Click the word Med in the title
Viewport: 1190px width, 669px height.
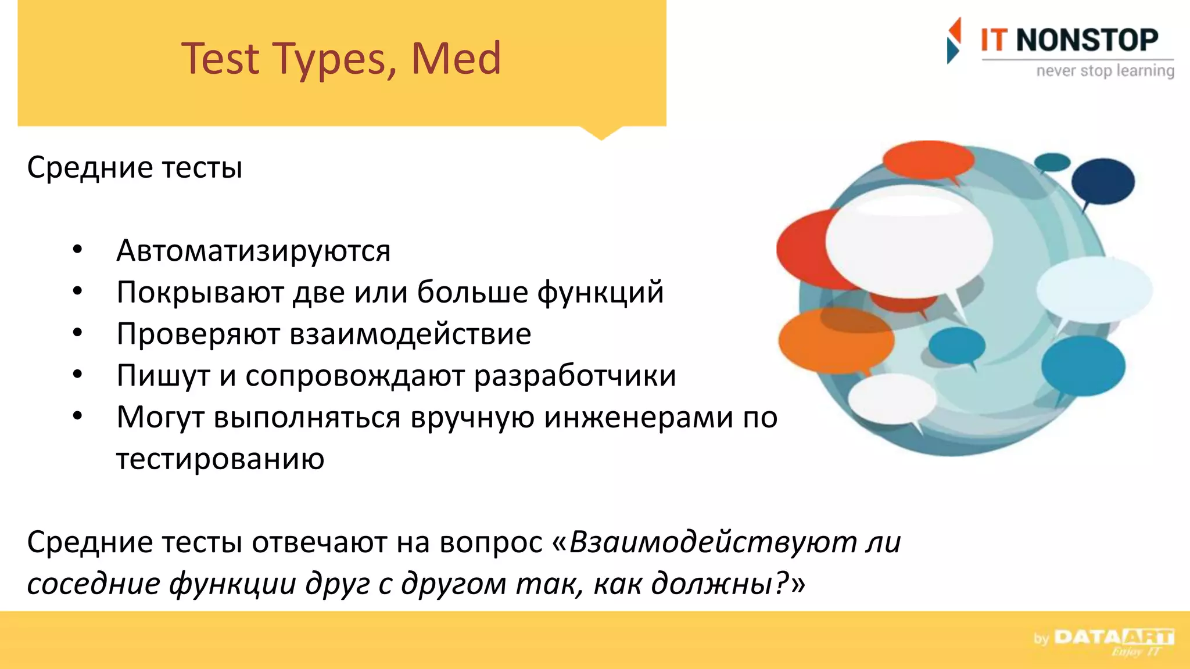[x=456, y=59]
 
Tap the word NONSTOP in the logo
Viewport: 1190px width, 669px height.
[x=1087, y=40]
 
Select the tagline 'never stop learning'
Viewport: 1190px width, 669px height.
[x=1105, y=71]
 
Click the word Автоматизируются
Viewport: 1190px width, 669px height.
[x=253, y=251]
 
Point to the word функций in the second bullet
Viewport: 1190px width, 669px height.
[x=600, y=292]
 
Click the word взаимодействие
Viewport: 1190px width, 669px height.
[x=410, y=334]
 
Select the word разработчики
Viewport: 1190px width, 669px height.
[x=575, y=376]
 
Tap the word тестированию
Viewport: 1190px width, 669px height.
[x=220, y=459]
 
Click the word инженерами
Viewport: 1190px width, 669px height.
[x=638, y=417]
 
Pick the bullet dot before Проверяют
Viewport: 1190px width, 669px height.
[x=77, y=333]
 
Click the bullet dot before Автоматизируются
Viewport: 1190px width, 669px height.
[x=77, y=250]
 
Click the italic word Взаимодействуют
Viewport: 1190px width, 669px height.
[x=712, y=542]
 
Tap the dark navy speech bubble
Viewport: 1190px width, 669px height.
[x=1102, y=181]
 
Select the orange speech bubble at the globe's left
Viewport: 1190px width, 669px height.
[x=836, y=341]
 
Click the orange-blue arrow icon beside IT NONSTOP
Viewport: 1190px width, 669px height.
[x=954, y=40]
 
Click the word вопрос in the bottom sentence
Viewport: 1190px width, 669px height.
[x=491, y=542]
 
